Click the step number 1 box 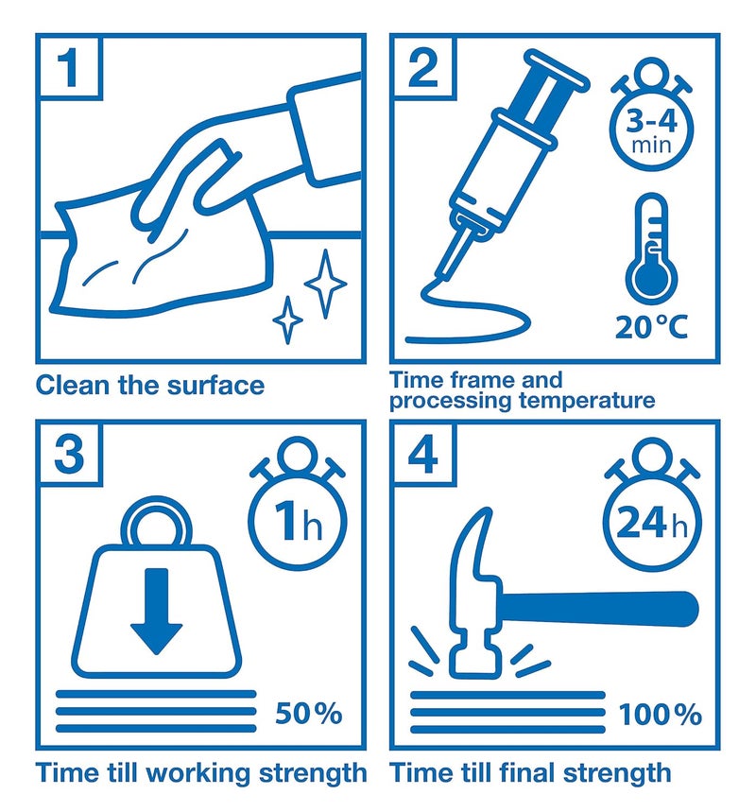tap(69, 67)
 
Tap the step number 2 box tap(423, 67)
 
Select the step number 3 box tap(69, 453)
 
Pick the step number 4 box tap(423, 453)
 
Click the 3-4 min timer tap(651, 115)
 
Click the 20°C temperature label tap(651, 327)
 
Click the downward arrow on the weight tap(156, 611)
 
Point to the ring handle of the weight tap(156, 520)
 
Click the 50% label tap(309, 713)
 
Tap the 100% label tap(661, 715)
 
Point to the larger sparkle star tap(325, 284)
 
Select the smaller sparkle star tap(288, 320)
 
